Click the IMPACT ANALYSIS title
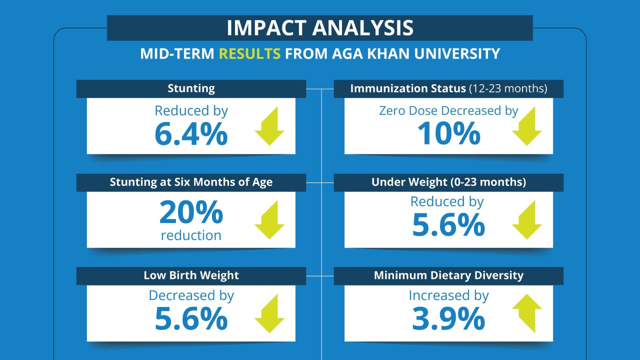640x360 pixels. pos(320,28)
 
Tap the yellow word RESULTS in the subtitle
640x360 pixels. pos(249,53)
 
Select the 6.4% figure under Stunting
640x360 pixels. pos(191,134)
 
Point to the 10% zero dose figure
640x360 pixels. pos(448,134)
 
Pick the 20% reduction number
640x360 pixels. pos(191,213)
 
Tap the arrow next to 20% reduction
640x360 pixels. pos(269,220)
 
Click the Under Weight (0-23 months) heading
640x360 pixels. pos(448,182)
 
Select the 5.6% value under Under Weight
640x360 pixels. pos(448,225)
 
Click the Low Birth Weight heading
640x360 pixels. pos(191,275)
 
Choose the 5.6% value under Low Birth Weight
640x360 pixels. pos(191,319)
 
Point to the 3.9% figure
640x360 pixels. pos(448,319)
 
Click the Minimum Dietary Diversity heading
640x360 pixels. pos(448,275)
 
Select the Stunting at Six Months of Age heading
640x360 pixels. pos(191,182)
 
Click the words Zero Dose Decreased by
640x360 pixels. pos(448,110)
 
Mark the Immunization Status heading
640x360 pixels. pos(448,89)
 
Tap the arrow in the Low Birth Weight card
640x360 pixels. pos(269,314)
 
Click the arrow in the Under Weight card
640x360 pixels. pos(527,220)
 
